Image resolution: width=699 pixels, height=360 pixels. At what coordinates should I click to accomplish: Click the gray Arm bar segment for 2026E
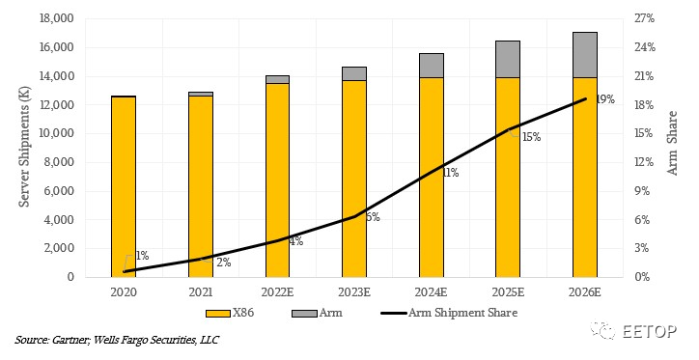[585, 55]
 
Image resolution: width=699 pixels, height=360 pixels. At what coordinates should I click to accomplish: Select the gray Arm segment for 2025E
[508, 59]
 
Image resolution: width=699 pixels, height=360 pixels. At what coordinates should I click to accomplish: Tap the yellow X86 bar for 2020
[124, 186]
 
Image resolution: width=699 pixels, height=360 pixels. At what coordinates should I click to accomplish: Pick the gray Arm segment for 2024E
[431, 66]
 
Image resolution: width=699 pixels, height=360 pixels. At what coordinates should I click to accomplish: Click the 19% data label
[605, 99]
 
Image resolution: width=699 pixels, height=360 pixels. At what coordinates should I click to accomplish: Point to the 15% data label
[531, 137]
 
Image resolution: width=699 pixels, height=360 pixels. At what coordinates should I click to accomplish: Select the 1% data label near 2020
[142, 256]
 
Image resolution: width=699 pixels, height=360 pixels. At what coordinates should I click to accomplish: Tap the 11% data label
[450, 173]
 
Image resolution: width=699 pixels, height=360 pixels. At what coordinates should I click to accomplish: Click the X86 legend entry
[230, 313]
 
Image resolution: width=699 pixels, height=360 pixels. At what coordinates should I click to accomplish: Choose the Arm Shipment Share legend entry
[449, 313]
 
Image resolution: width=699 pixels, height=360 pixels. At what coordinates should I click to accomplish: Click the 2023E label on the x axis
[354, 292]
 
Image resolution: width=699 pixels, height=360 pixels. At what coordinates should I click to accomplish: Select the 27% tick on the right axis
[645, 18]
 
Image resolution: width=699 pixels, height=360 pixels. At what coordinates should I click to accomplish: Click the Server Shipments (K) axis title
[24, 147]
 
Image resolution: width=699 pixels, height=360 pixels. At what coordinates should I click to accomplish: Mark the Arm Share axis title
[672, 143]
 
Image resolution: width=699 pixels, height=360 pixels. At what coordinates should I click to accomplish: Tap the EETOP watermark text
[650, 331]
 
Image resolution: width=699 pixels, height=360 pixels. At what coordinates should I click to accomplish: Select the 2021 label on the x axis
[201, 292]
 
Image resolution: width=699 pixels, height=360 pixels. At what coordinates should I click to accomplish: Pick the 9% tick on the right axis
[642, 191]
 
